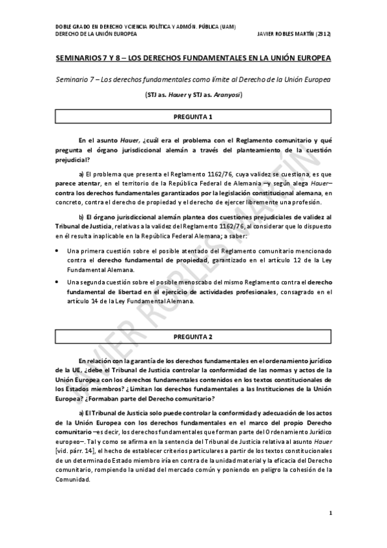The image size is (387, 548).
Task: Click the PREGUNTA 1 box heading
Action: click(x=193, y=118)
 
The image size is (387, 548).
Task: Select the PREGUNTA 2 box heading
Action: click(x=193, y=337)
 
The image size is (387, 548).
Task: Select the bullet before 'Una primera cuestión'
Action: click(x=58, y=249)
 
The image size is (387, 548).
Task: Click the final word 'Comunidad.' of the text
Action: click(x=74, y=479)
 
